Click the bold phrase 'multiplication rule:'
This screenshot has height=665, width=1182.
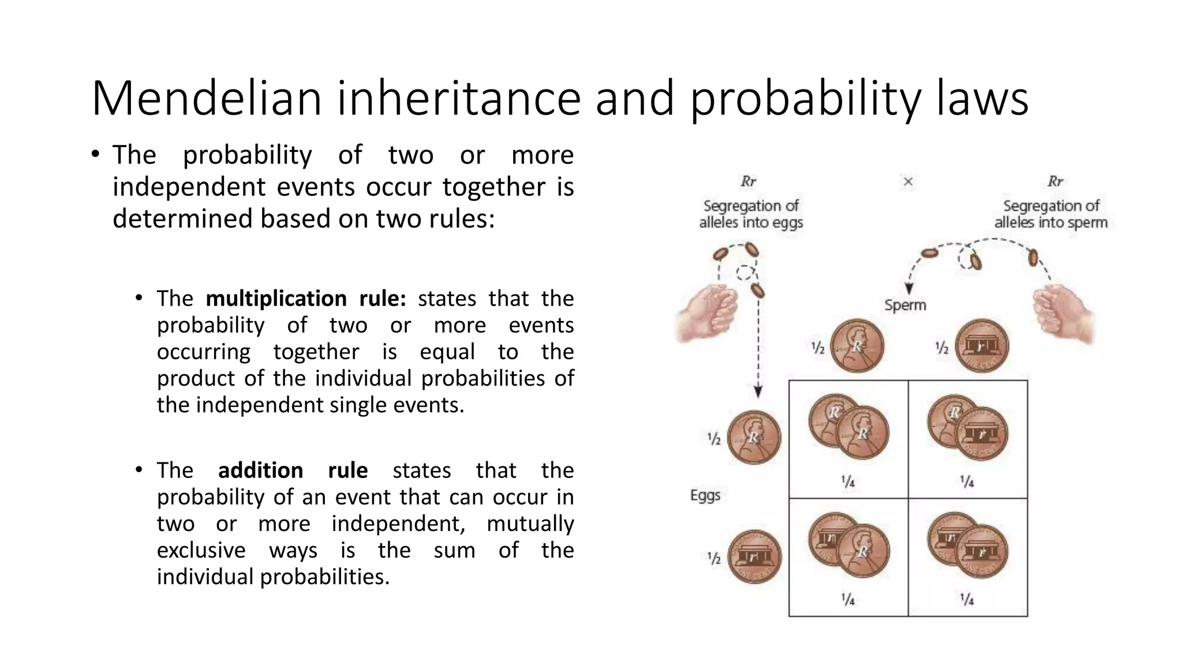point(306,299)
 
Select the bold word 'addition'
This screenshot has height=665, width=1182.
point(260,470)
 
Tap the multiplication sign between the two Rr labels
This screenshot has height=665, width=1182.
point(908,182)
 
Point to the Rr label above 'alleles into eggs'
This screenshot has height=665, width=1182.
point(749,182)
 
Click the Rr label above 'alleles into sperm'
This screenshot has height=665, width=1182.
point(1055,182)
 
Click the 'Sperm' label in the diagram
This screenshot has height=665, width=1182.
point(905,305)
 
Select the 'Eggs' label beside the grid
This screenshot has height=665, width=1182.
point(705,495)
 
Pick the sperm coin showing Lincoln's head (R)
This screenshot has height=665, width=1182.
point(857,346)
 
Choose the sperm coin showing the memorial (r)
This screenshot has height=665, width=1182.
point(982,346)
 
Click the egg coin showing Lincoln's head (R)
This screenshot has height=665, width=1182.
point(754,438)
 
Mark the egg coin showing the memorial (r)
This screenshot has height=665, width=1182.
point(754,557)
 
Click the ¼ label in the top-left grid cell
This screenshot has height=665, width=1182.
point(848,481)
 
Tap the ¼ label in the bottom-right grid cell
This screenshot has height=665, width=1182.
point(967,600)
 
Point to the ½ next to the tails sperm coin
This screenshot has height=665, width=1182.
point(942,348)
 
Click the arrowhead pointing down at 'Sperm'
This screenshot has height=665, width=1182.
point(909,289)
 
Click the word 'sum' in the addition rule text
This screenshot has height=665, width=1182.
point(454,550)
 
